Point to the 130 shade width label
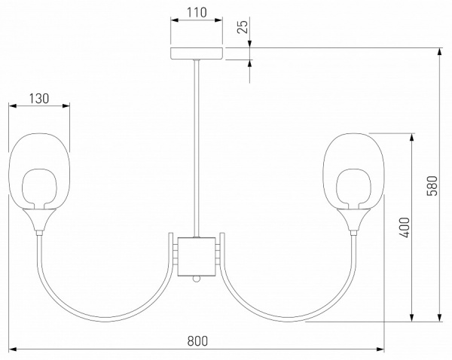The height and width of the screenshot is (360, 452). (x=38, y=97)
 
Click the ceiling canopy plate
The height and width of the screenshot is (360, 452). (x=197, y=54)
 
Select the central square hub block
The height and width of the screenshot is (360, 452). (x=197, y=255)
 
